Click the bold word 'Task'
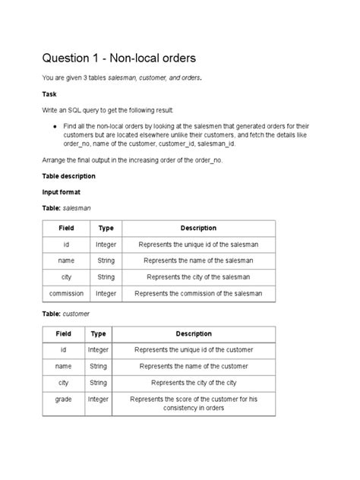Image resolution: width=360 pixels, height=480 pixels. point(49,96)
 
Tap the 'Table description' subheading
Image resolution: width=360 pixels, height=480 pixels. point(68,175)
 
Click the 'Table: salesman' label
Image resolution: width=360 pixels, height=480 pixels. point(67,208)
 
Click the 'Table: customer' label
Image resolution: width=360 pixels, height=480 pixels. point(67,313)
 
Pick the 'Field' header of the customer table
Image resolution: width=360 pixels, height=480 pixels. point(64,333)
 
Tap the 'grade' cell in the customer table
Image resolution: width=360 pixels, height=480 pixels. point(63,398)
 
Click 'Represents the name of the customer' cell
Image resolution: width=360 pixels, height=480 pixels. point(194,366)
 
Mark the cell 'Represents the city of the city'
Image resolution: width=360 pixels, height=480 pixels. point(194,382)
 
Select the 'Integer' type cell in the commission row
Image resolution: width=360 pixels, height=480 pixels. point(106,292)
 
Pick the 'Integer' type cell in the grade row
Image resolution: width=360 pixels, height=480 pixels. point(98,398)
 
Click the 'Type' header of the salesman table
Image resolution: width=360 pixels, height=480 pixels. point(106,228)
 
